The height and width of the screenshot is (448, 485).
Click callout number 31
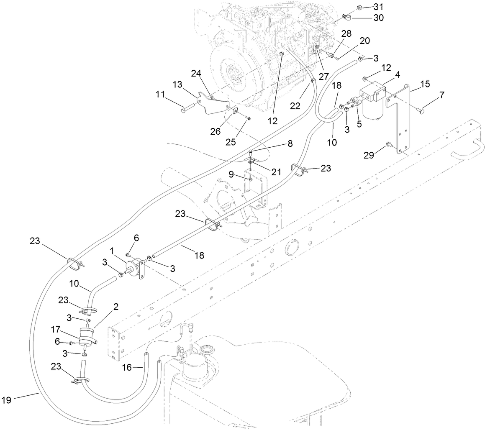[x=378, y=7]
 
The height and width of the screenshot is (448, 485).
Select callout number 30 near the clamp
[x=378, y=18]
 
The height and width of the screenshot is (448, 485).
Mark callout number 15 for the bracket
[x=425, y=84]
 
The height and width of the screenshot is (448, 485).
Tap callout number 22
[x=295, y=106]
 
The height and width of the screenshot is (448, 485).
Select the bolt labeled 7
[x=420, y=111]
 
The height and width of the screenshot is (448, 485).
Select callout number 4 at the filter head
[x=398, y=74]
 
